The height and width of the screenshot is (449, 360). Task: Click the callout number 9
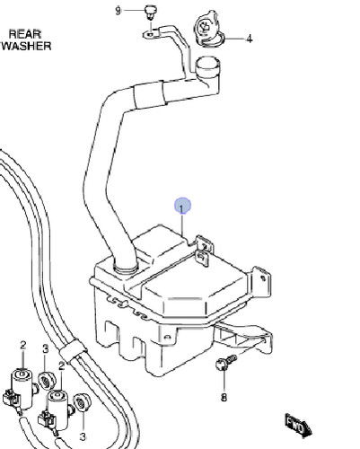(x=118, y=11)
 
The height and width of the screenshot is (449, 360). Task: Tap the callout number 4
(x=249, y=39)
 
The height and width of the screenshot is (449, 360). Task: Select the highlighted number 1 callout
(x=182, y=207)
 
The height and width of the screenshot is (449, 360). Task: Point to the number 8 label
(x=224, y=397)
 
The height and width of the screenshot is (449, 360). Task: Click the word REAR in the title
(x=25, y=34)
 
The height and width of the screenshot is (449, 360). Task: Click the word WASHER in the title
(x=27, y=46)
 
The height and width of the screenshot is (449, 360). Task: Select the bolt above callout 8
(x=225, y=362)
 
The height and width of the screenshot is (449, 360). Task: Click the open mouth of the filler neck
(x=207, y=65)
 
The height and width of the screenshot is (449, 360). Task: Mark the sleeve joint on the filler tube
(x=149, y=95)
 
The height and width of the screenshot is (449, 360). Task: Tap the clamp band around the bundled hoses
(x=73, y=351)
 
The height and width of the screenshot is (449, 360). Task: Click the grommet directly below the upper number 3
(x=46, y=381)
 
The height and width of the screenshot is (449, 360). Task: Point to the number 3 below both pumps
(x=83, y=436)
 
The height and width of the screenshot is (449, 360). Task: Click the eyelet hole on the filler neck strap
(x=150, y=34)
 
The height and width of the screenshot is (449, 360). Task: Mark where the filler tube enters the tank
(x=126, y=267)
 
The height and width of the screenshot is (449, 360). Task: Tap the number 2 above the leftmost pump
(x=23, y=346)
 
